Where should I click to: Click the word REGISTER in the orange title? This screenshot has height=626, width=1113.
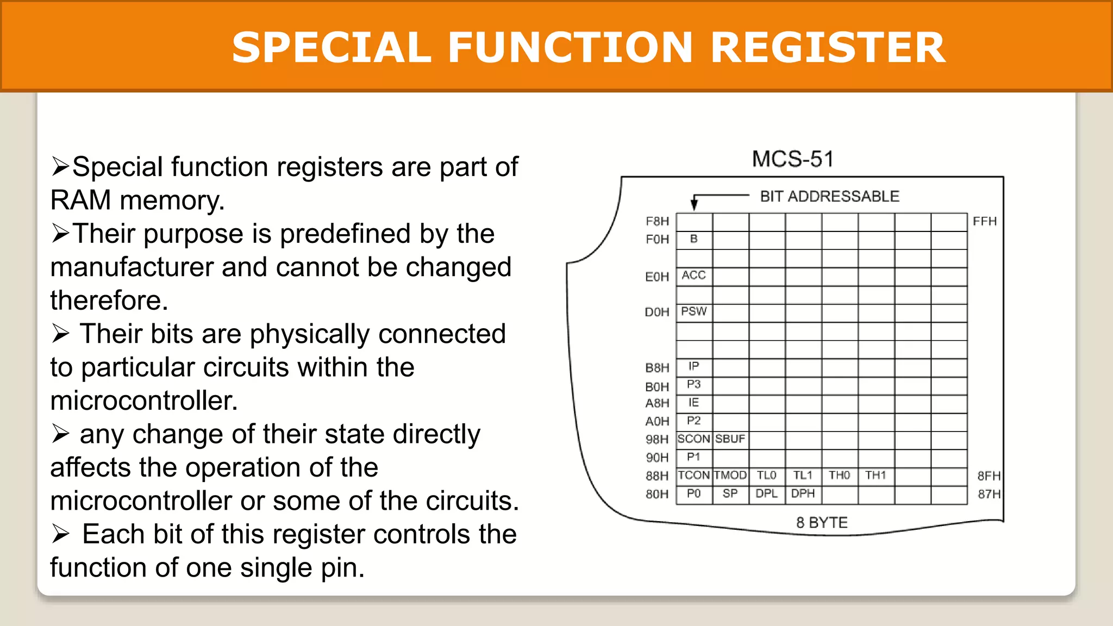(828, 48)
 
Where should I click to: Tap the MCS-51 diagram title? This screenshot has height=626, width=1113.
(792, 159)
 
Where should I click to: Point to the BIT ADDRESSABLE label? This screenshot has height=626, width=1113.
(829, 196)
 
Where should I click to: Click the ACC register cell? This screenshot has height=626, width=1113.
(694, 276)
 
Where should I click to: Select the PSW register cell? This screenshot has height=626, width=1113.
(694, 312)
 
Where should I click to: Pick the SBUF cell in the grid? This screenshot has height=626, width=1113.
(730, 439)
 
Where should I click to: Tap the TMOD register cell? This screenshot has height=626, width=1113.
(730, 475)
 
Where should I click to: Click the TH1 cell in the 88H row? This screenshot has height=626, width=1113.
(876, 475)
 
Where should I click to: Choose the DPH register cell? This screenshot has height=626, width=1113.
(803, 494)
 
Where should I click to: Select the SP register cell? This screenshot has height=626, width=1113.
(730, 494)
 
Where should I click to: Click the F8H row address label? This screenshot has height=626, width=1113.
(657, 222)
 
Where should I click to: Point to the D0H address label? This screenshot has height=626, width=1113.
(656, 312)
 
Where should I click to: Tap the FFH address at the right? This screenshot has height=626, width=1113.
(985, 222)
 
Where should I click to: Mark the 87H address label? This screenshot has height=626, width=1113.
(989, 494)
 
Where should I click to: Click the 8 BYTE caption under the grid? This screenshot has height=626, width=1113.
(822, 523)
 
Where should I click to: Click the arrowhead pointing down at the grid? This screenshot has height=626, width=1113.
(694, 205)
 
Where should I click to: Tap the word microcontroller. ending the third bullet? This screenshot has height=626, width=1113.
(144, 401)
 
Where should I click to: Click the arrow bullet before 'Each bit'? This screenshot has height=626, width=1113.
(61, 534)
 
